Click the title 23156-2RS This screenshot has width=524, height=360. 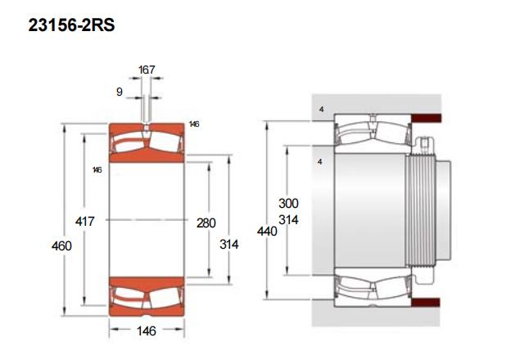[71, 25]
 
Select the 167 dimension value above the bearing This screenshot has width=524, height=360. [147, 70]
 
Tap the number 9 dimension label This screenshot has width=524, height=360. [120, 92]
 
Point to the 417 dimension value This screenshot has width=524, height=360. [85, 221]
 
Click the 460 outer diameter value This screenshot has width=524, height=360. [61, 246]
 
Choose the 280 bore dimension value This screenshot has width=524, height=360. [206, 223]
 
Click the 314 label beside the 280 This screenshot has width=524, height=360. [229, 245]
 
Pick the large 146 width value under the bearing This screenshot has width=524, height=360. [147, 331]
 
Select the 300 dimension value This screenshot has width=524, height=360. [288, 204]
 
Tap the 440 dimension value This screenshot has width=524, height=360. [267, 231]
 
